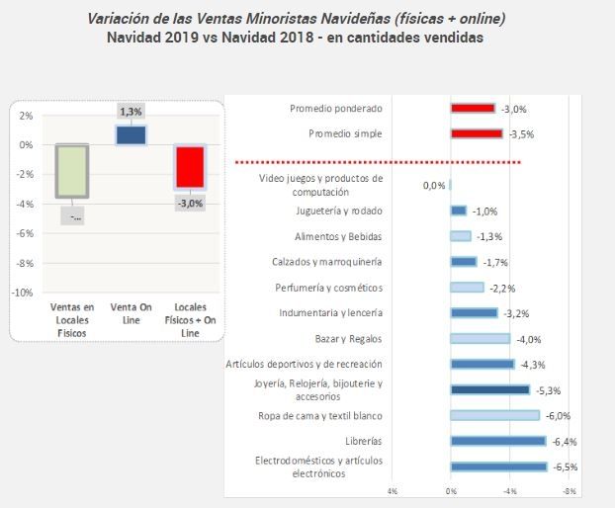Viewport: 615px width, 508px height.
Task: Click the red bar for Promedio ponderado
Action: click(x=473, y=108)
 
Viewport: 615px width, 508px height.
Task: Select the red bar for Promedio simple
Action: click(x=476, y=133)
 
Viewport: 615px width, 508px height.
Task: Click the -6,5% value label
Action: click(x=566, y=466)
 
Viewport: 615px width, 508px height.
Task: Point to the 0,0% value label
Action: click(x=434, y=185)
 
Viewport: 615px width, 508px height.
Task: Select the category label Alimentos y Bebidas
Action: click(x=338, y=236)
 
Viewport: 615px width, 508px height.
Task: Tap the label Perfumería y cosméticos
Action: click(x=328, y=288)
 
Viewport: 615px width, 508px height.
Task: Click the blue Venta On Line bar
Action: click(x=132, y=135)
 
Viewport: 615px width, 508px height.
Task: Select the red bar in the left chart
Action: click(x=189, y=167)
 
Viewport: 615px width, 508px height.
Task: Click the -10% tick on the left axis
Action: click(x=22, y=294)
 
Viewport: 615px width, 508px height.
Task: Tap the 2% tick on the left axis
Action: click(x=26, y=116)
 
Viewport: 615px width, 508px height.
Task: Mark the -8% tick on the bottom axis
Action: click(x=570, y=490)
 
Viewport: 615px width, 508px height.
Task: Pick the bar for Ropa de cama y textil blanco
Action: click(x=494, y=415)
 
